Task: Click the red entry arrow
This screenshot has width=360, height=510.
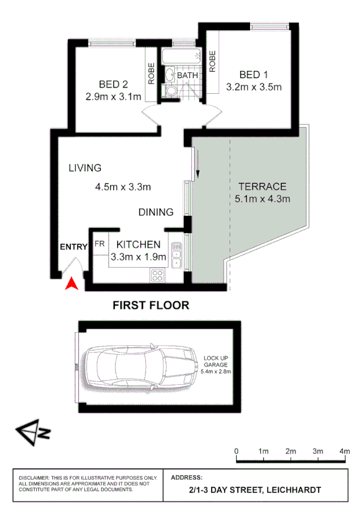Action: click(72, 283)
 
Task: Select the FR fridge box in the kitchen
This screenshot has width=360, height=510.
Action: click(99, 245)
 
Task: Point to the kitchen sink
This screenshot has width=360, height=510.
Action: click(176, 255)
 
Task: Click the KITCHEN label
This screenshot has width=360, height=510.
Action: click(138, 244)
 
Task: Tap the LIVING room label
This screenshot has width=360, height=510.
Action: click(85, 168)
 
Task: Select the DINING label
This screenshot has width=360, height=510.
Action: click(156, 212)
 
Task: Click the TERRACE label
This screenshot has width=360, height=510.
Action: click(262, 186)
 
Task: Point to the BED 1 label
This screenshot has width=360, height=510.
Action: click(254, 75)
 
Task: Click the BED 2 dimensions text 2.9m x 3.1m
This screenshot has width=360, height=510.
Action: click(113, 97)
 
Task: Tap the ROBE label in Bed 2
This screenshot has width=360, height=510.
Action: click(151, 73)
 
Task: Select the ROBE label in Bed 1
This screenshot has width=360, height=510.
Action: click(213, 61)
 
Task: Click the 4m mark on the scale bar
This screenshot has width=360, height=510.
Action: click(345, 451)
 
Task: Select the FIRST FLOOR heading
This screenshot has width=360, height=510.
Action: click(151, 305)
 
